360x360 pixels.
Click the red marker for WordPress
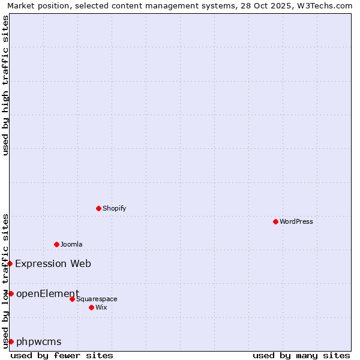click(x=275, y=221)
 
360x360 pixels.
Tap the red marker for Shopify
click(x=99, y=208)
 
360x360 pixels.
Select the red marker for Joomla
click(x=57, y=244)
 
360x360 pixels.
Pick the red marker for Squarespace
click(x=73, y=299)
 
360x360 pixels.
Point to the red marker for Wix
click(x=91, y=307)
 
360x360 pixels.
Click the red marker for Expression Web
click(x=10, y=263)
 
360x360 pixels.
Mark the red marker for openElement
click(x=11, y=293)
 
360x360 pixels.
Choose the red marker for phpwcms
click(x=11, y=341)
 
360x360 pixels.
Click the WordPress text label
click(x=296, y=221)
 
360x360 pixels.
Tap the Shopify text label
click(x=115, y=208)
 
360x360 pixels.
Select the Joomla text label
click(x=71, y=244)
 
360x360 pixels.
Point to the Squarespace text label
click(x=97, y=299)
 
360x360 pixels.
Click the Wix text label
click(x=101, y=307)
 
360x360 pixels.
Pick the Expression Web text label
click(x=53, y=263)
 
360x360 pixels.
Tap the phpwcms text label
click(x=39, y=341)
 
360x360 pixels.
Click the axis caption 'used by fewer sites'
click(x=62, y=355)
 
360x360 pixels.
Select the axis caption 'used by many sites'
click(x=301, y=355)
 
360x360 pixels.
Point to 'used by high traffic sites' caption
click(x=5, y=85)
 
